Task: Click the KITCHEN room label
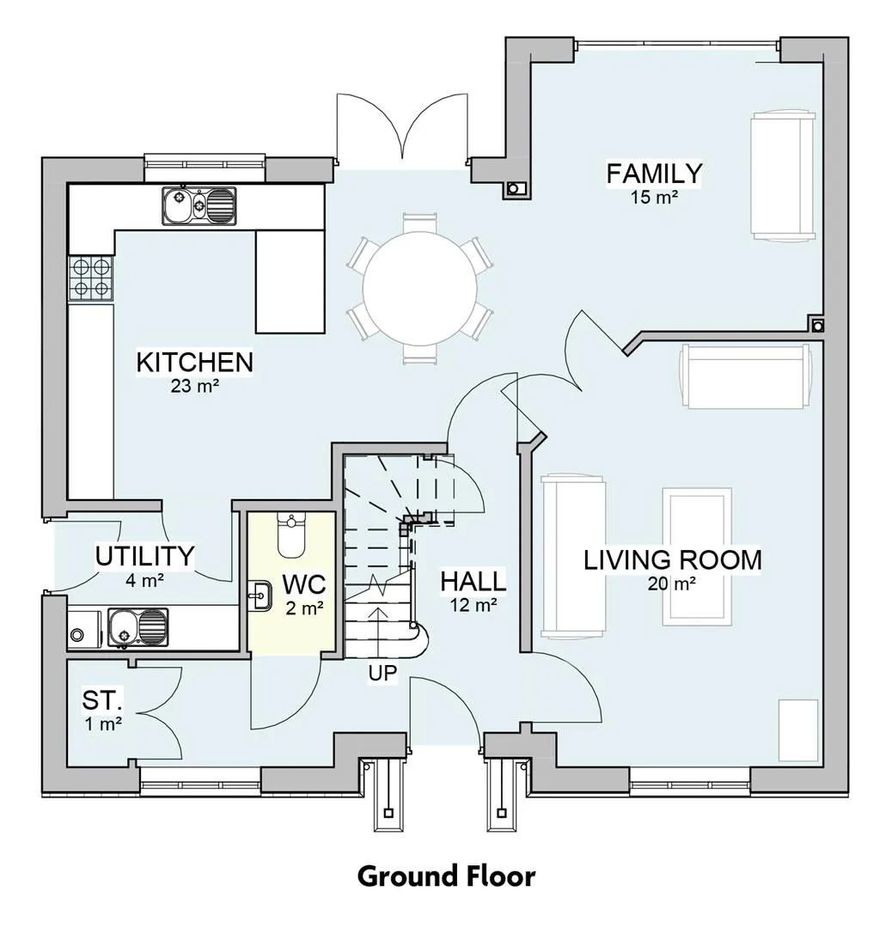point(195,363)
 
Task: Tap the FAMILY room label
point(654,174)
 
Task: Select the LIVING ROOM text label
point(672,560)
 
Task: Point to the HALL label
point(473,581)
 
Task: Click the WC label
point(304,584)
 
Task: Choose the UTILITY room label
point(145,556)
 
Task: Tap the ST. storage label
point(102,700)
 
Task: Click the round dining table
point(419,288)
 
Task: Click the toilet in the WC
point(290,535)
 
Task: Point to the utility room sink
point(137,627)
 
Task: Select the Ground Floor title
point(446,876)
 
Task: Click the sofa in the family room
point(783,175)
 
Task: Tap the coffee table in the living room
point(697,557)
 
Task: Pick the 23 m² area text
point(195,387)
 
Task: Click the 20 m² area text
point(671,584)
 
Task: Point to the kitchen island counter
point(290,281)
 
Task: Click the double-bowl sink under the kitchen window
point(199,206)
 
